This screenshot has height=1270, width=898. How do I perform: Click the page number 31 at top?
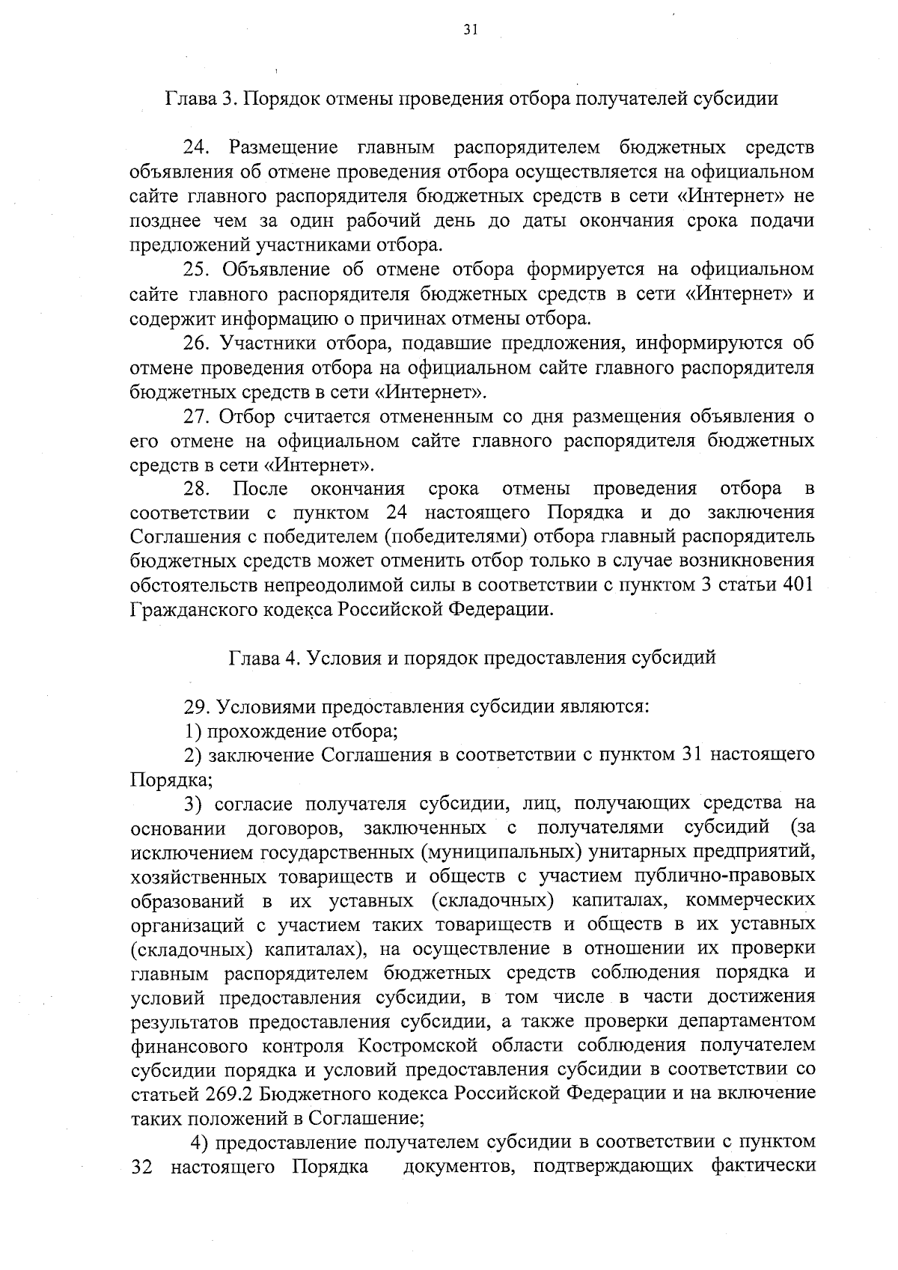click(x=470, y=30)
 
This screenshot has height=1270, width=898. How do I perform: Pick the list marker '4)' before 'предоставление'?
click(x=199, y=1143)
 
